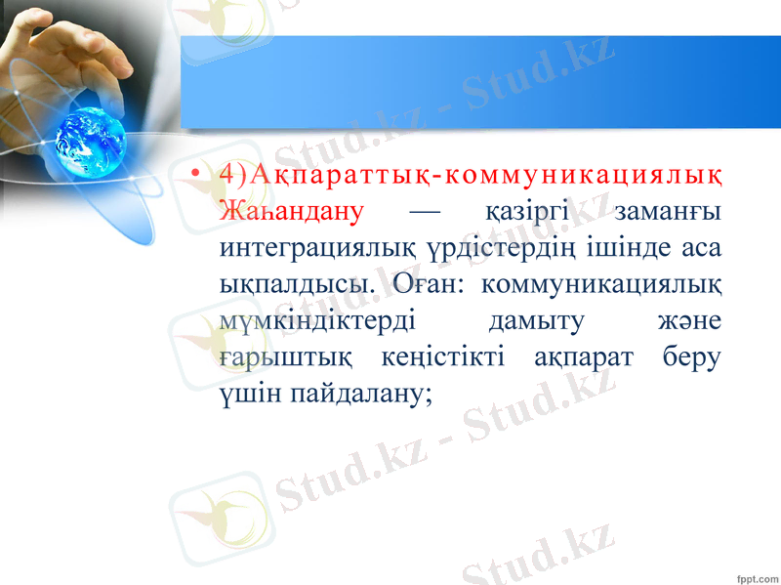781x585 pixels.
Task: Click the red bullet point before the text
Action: pyautogui.click(x=198, y=176)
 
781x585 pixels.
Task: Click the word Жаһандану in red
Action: pyautogui.click(x=292, y=211)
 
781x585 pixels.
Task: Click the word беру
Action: pyautogui.click(x=692, y=358)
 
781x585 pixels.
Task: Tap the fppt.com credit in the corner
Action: pyautogui.click(x=750, y=568)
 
